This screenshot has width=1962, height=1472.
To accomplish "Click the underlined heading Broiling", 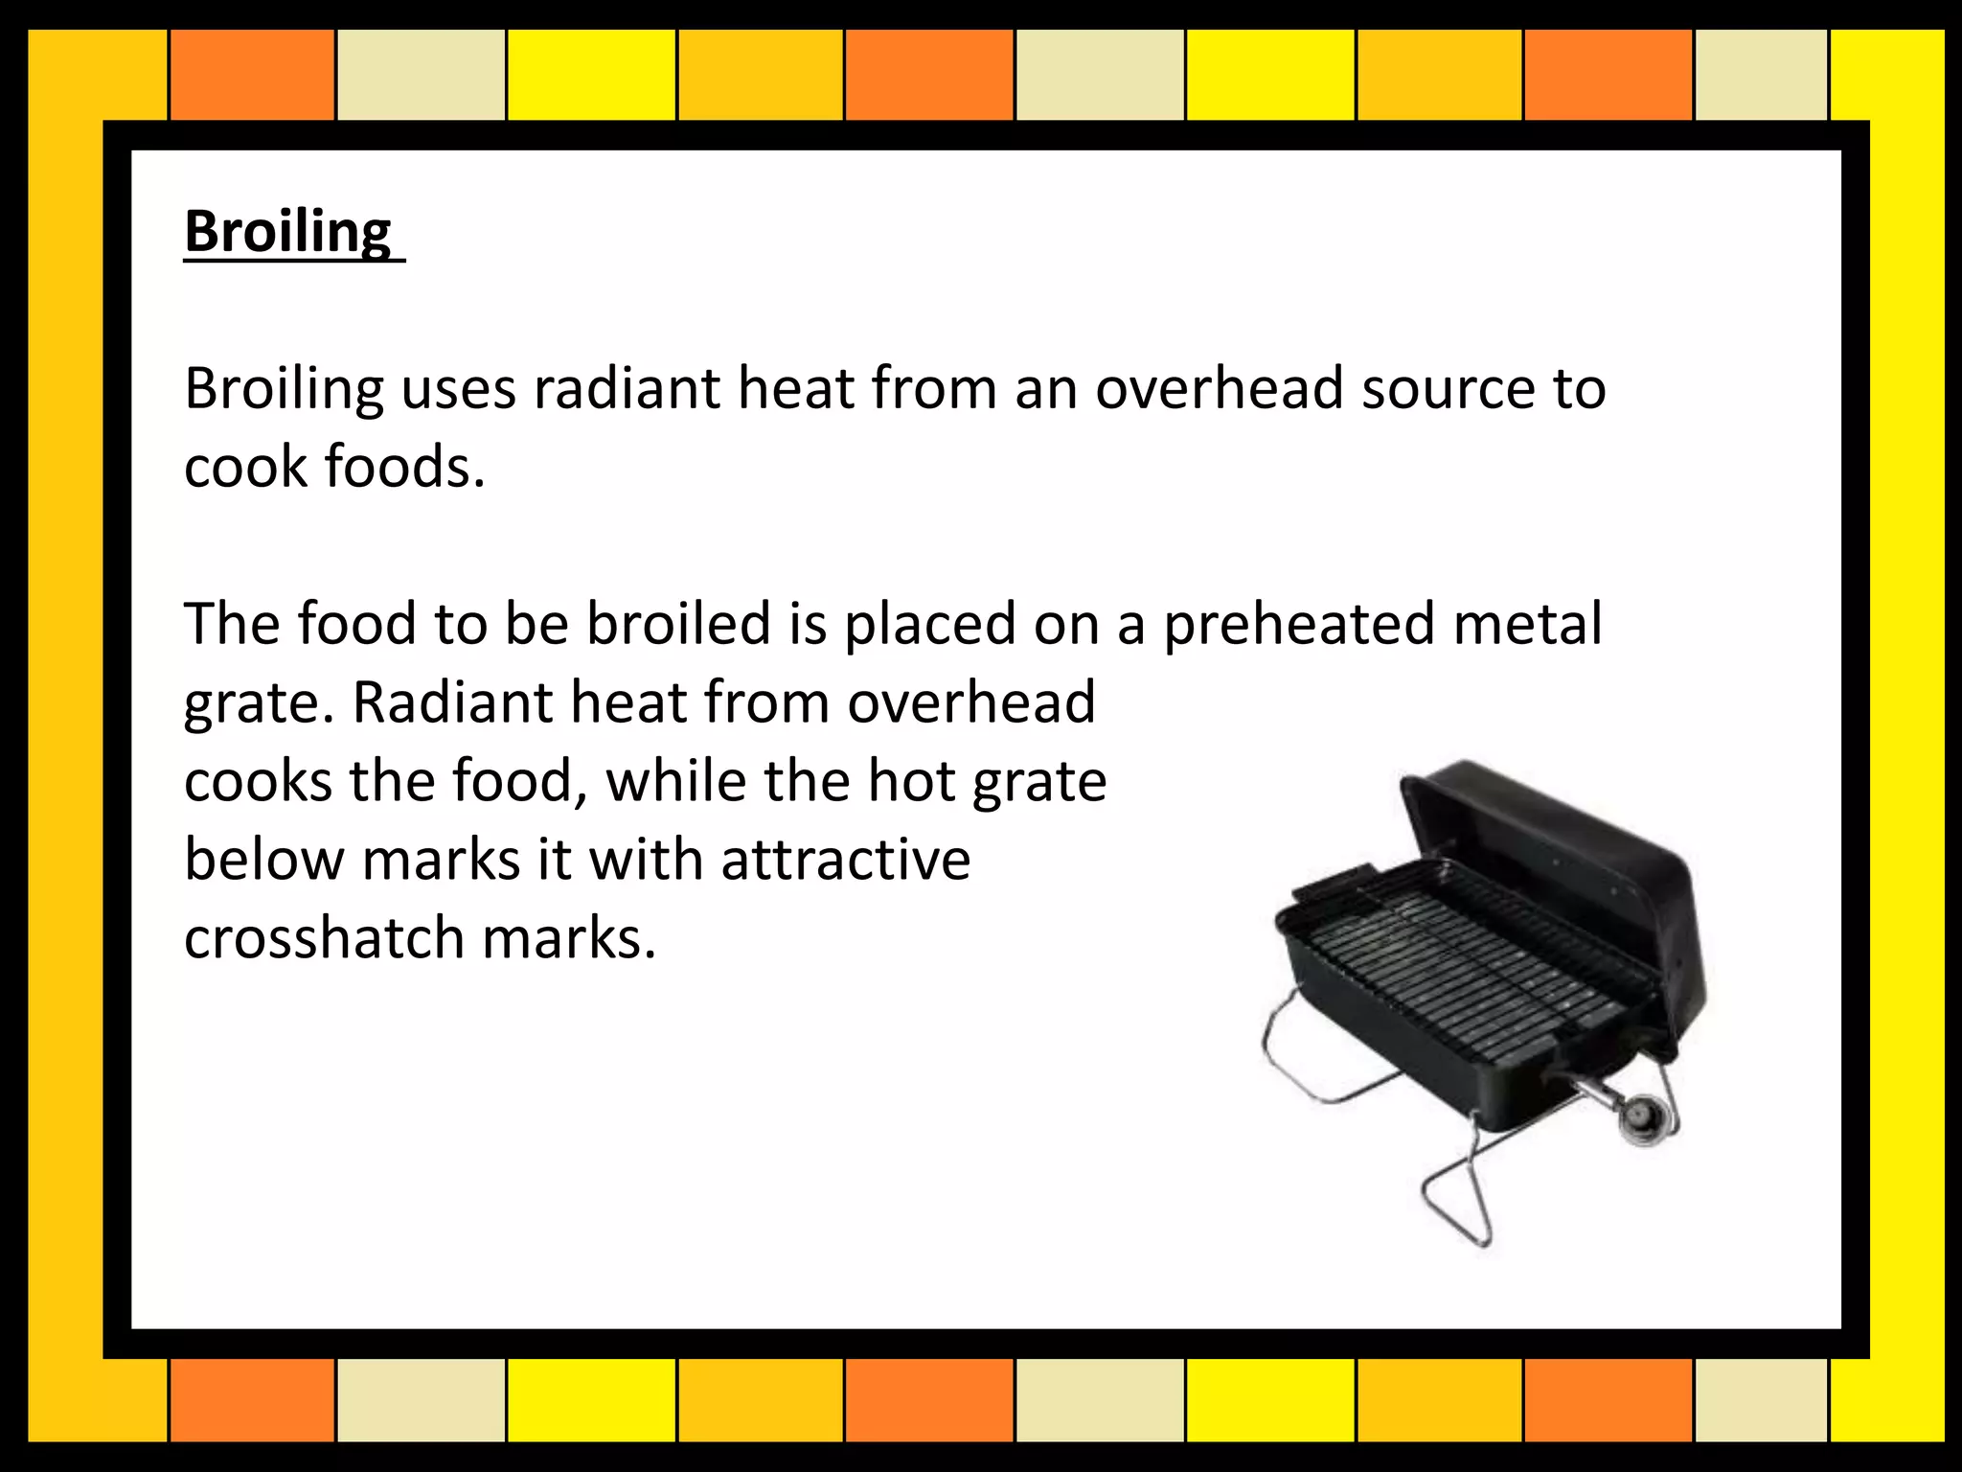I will [x=288, y=232].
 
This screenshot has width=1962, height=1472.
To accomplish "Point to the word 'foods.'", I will [x=405, y=468].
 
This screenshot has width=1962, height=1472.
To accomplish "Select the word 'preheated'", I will [x=1299, y=624].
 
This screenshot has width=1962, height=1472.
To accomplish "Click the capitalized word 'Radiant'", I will [x=452, y=702].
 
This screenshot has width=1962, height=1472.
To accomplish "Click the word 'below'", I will [x=263, y=860].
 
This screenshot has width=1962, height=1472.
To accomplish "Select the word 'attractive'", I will [x=846, y=860].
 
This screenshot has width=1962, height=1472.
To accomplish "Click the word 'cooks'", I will [x=258, y=781].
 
